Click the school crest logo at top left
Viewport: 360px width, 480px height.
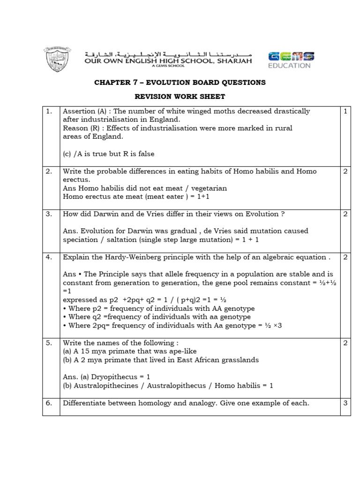point(59,59)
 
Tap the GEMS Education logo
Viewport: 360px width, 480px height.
point(289,60)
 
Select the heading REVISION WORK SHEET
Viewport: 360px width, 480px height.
point(180,97)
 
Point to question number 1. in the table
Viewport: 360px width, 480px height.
point(49,112)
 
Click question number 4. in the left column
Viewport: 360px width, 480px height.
point(49,257)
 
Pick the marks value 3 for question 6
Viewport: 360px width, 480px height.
point(345,403)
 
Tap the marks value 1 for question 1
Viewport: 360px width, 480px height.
point(345,112)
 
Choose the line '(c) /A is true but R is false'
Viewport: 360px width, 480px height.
point(108,154)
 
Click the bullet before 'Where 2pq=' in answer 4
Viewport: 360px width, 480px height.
point(65,325)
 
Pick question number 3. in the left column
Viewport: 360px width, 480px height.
point(49,214)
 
